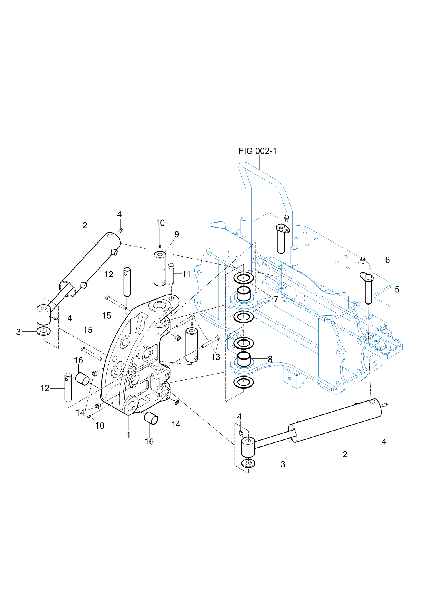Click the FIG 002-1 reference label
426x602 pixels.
point(258,151)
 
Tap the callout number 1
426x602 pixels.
point(128,435)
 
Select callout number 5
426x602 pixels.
point(397,290)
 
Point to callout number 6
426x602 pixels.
point(387,260)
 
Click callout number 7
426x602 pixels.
point(276,299)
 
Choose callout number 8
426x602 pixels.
point(270,359)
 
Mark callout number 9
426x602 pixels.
point(177,234)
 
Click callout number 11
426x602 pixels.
point(186,274)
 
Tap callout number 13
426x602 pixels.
point(216,357)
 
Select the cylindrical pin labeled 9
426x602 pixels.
point(160,268)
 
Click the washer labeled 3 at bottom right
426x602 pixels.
point(248,463)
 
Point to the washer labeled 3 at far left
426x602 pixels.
point(44,331)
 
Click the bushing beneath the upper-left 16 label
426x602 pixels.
point(82,379)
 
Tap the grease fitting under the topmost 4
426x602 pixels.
point(120,230)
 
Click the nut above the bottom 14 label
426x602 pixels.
point(176,402)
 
